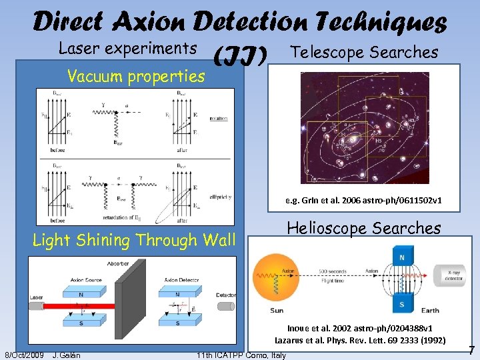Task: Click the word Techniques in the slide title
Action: click(x=387, y=23)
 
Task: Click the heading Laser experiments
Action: click(x=127, y=48)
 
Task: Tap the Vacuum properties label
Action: click(x=137, y=76)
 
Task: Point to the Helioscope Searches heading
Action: click(x=363, y=228)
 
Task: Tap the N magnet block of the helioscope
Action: click(x=402, y=257)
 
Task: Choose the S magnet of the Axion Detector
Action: click(x=177, y=323)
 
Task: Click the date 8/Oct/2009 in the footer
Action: click(x=24, y=355)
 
